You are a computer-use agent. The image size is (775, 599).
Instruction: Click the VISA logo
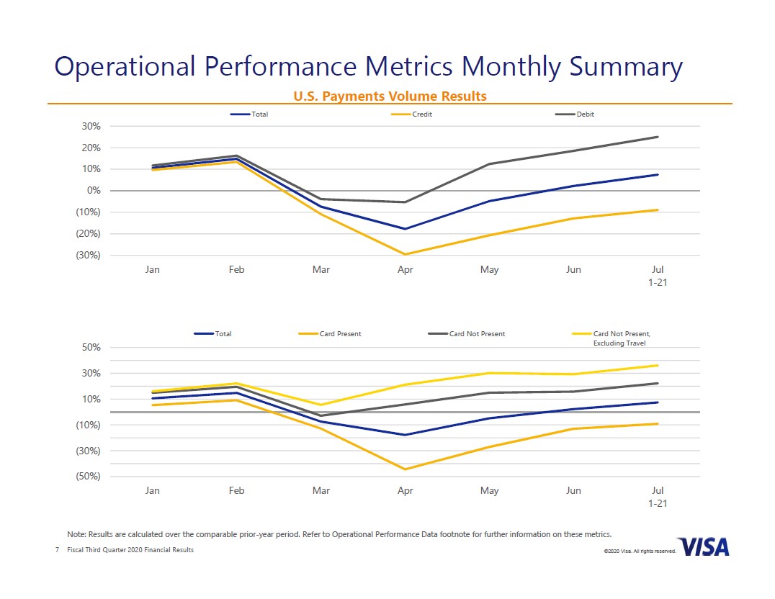(x=703, y=546)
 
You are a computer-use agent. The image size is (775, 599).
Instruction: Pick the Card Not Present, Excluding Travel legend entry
(x=621, y=338)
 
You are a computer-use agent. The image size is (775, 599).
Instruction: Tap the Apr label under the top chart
(x=405, y=269)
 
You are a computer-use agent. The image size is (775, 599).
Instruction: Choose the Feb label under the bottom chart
(x=236, y=490)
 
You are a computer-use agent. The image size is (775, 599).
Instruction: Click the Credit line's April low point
(x=406, y=254)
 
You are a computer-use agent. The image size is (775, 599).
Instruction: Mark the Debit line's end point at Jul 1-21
(x=658, y=137)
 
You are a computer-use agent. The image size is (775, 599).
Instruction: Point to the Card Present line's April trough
(x=406, y=469)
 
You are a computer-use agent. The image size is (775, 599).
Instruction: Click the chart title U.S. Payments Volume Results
(x=389, y=96)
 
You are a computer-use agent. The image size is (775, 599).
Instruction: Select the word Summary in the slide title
(x=626, y=66)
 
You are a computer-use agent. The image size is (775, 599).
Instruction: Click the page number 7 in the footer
(x=57, y=550)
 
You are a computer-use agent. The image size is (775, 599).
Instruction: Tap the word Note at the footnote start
(x=76, y=534)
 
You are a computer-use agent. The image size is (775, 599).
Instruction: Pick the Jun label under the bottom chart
(x=573, y=490)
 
